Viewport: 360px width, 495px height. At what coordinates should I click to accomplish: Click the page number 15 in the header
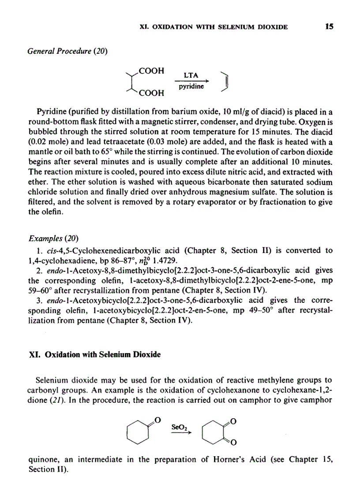pyautogui.click(x=329, y=27)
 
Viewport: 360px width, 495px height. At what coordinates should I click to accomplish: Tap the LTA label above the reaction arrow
pyautogui.click(x=190, y=76)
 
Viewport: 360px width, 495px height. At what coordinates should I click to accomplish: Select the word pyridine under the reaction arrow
pyautogui.click(x=191, y=87)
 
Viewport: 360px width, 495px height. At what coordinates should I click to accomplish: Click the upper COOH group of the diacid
pyautogui.click(x=151, y=71)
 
